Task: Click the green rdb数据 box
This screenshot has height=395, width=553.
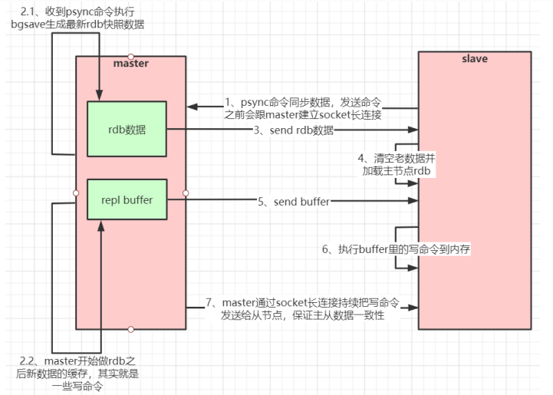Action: pyautogui.click(x=126, y=130)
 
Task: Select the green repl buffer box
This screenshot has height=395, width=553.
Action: pyautogui.click(x=126, y=200)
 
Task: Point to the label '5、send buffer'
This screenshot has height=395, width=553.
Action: pyautogui.click(x=294, y=201)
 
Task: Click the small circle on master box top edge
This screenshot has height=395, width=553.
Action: pyautogui.click(x=131, y=56)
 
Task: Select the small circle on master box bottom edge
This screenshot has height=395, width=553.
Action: pyautogui.click(x=131, y=329)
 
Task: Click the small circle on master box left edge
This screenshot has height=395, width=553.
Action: pyautogui.click(x=76, y=193)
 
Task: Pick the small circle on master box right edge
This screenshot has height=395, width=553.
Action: pyautogui.click(x=186, y=193)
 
